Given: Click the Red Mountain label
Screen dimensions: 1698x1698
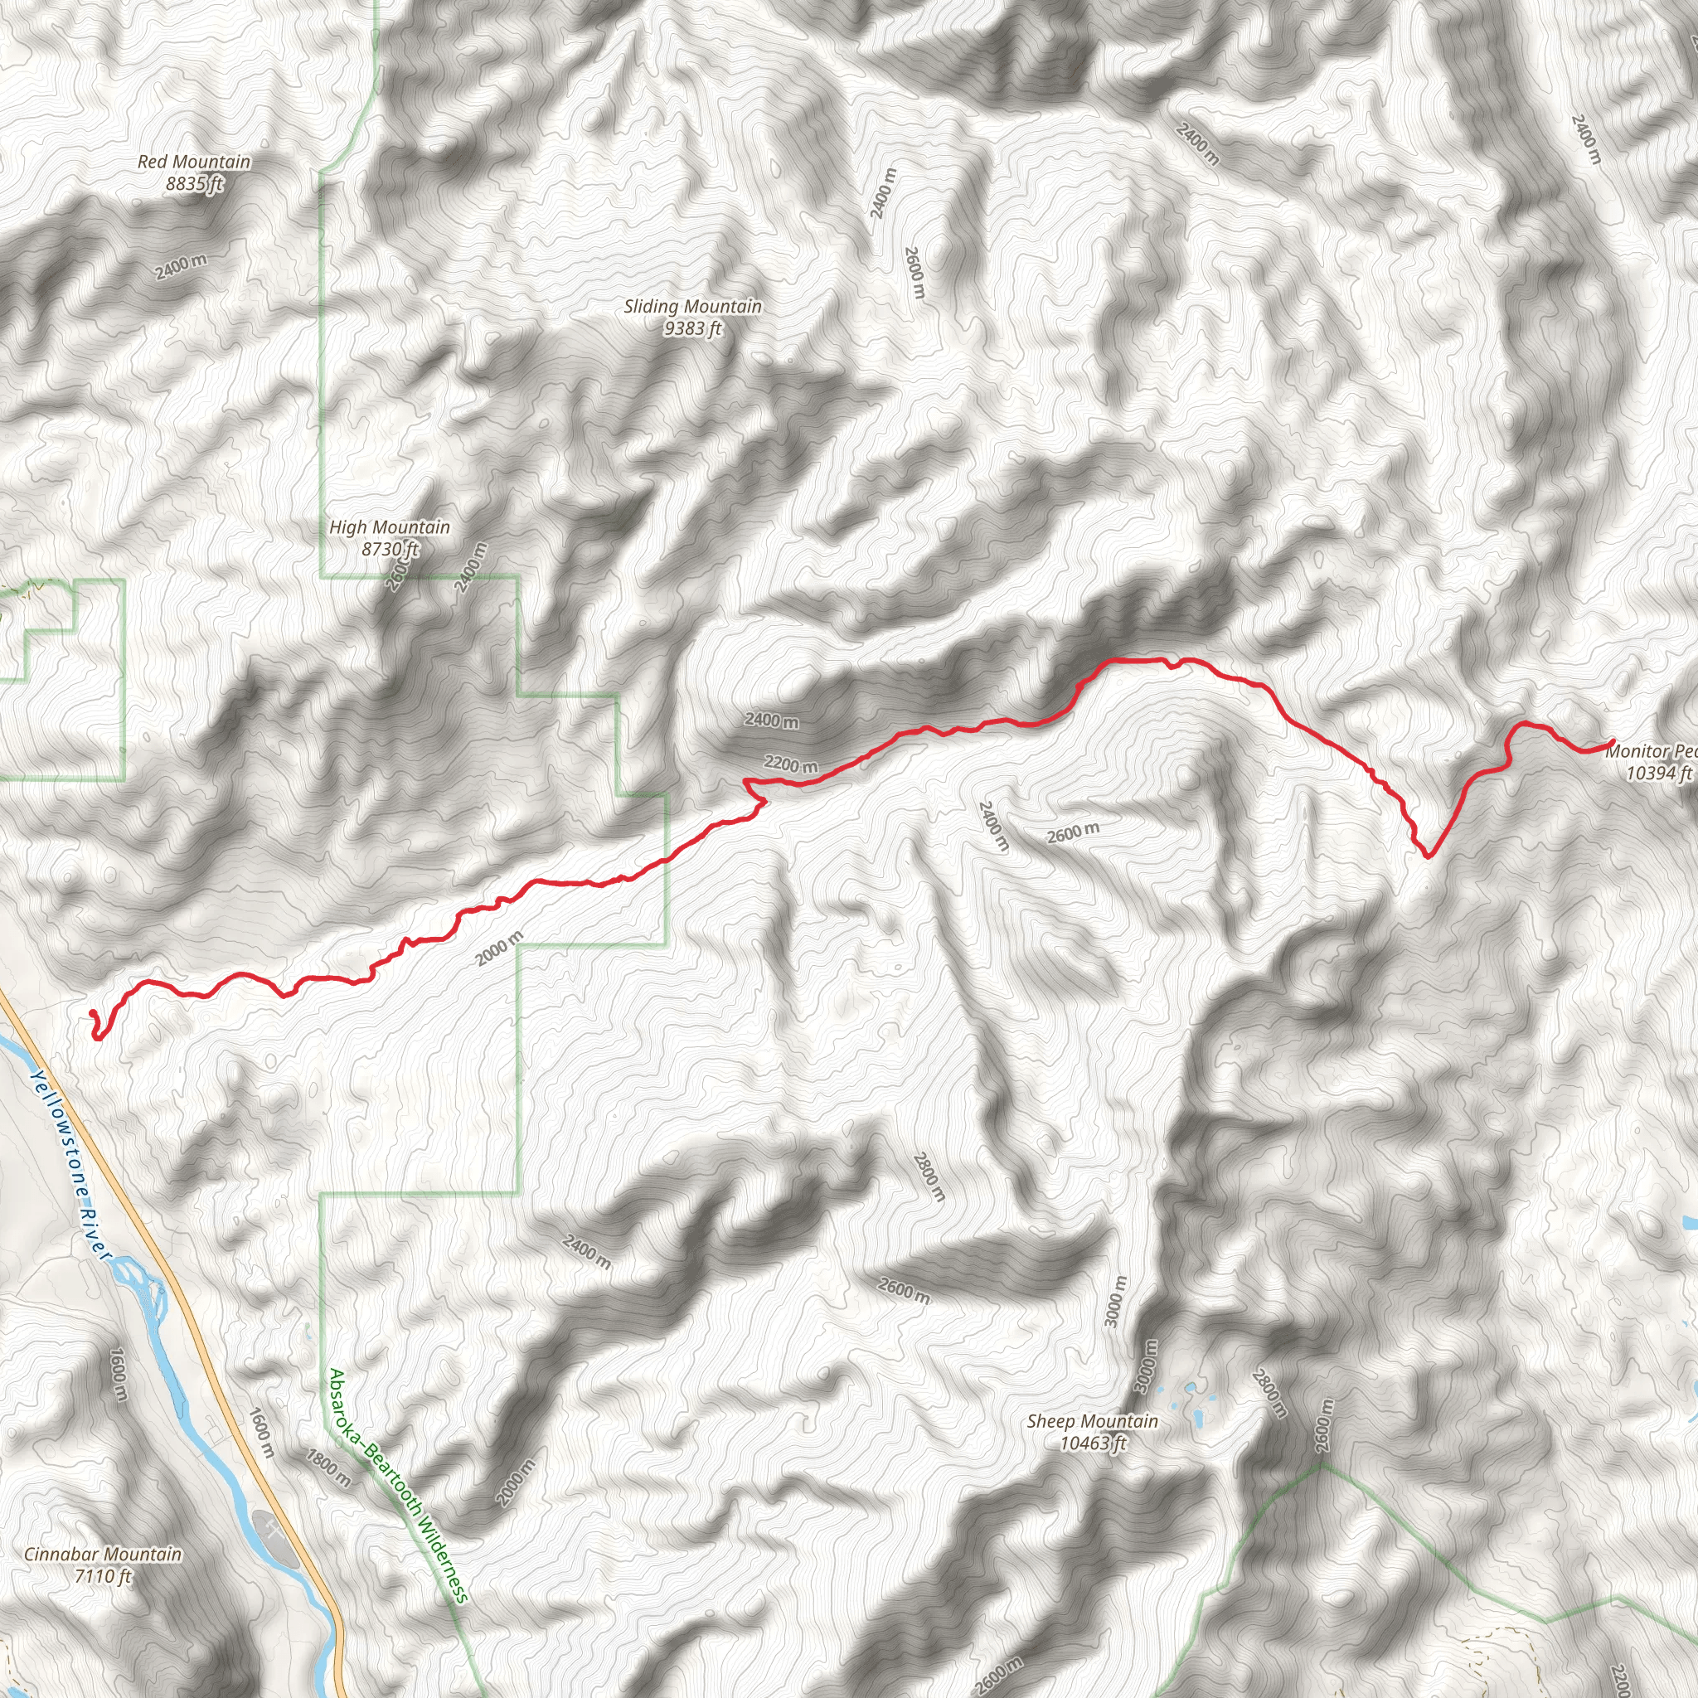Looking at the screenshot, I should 194,162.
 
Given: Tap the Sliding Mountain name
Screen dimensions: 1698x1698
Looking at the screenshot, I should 692,307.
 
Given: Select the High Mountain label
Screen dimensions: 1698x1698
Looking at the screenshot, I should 390,527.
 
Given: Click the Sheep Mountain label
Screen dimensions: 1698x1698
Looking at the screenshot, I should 1093,1421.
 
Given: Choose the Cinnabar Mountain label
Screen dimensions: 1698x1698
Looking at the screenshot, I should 103,1554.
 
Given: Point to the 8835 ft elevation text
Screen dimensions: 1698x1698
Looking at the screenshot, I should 194,184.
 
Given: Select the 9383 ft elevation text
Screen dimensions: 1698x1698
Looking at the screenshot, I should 692,328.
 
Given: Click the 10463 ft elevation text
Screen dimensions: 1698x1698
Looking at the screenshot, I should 1093,1443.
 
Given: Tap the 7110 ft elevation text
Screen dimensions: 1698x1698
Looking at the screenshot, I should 103,1576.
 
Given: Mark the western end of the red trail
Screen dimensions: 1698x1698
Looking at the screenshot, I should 92,1013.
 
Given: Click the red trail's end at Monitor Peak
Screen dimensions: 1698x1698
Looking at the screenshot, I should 1613,744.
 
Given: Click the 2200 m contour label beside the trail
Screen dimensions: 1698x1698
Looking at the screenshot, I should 790,764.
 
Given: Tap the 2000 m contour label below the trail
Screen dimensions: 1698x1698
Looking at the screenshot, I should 500,948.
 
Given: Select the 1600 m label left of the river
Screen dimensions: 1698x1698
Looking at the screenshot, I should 119,1376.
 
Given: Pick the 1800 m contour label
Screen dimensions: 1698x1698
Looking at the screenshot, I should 327,1468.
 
